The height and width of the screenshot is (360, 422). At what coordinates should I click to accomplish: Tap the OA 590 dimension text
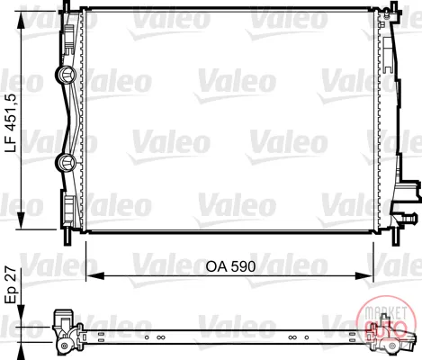(x=230, y=266)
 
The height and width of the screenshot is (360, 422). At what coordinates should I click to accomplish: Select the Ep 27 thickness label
(x=12, y=285)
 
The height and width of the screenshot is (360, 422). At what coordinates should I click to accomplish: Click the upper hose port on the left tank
(x=66, y=75)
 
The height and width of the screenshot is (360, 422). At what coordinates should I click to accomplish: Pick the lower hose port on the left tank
(x=66, y=162)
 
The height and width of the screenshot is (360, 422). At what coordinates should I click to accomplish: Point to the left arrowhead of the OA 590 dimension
(x=94, y=276)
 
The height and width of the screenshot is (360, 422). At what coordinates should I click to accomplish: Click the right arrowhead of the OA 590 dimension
(x=364, y=276)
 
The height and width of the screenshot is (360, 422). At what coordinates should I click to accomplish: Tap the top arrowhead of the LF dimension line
(x=21, y=20)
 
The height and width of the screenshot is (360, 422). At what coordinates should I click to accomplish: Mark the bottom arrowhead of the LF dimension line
(x=21, y=220)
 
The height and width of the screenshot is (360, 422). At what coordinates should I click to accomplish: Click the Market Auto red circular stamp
(x=386, y=322)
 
